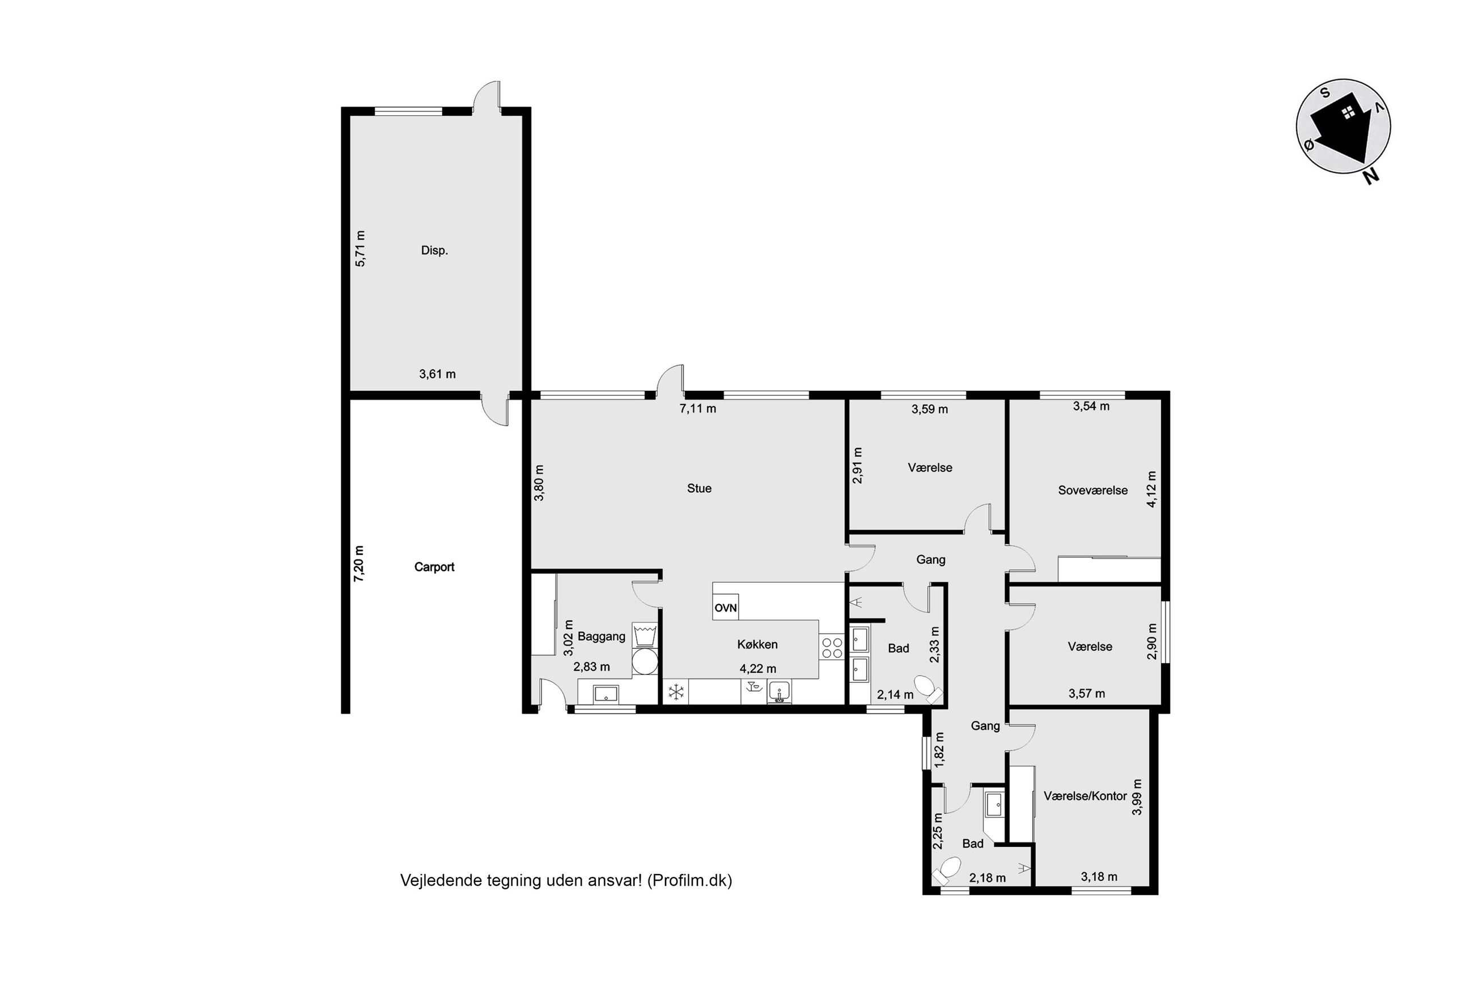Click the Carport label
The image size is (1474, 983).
click(434, 567)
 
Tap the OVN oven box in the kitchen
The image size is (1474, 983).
click(726, 607)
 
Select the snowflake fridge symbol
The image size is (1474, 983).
click(676, 692)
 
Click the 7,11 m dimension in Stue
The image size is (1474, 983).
click(698, 409)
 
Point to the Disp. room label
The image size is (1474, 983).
click(434, 250)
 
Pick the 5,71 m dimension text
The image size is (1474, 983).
click(360, 249)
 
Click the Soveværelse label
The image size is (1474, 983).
click(1092, 490)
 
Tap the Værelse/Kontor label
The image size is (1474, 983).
click(1085, 796)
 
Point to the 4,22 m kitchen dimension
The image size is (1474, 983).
click(757, 669)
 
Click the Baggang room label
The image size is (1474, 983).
click(602, 636)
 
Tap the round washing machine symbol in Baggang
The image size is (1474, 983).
click(645, 661)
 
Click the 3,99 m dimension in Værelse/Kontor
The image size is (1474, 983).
click(1137, 797)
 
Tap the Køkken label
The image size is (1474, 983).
click(757, 644)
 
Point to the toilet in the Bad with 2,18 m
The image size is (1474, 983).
click(947, 871)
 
